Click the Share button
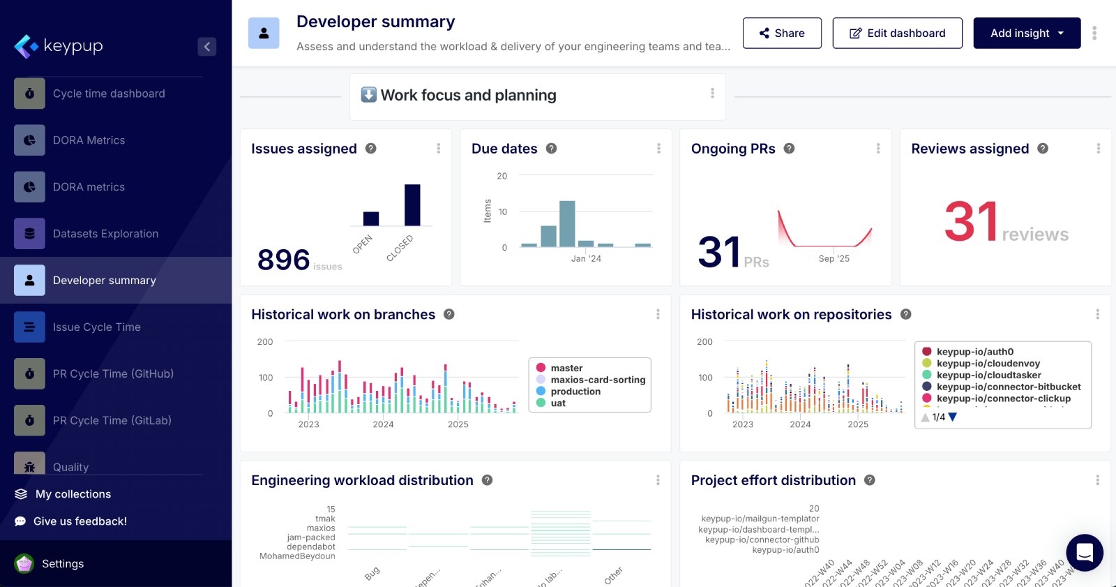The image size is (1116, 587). coord(782,33)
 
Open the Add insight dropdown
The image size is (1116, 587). coord(1027,33)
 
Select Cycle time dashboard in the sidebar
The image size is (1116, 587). coord(109,94)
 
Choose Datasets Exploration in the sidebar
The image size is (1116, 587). coord(105,234)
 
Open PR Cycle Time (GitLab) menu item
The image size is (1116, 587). coord(112,420)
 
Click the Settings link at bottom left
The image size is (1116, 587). coord(62,563)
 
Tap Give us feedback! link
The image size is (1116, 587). coord(80,521)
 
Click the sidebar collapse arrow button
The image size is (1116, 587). coord(206,47)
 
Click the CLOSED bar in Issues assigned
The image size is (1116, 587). coord(412,205)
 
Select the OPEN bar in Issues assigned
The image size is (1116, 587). coord(371,218)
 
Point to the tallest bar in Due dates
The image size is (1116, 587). coord(567,224)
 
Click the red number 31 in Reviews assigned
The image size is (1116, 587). coord(971,222)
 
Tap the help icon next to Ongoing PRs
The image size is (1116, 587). coord(789,149)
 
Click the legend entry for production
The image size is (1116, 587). coord(575,392)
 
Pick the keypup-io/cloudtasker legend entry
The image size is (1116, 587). coord(988,375)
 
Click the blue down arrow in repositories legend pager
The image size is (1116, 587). coord(953,417)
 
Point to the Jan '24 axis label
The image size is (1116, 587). coord(586,258)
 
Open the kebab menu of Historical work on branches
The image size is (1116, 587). coord(658,314)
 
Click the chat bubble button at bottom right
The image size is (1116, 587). coord(1084,553)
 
